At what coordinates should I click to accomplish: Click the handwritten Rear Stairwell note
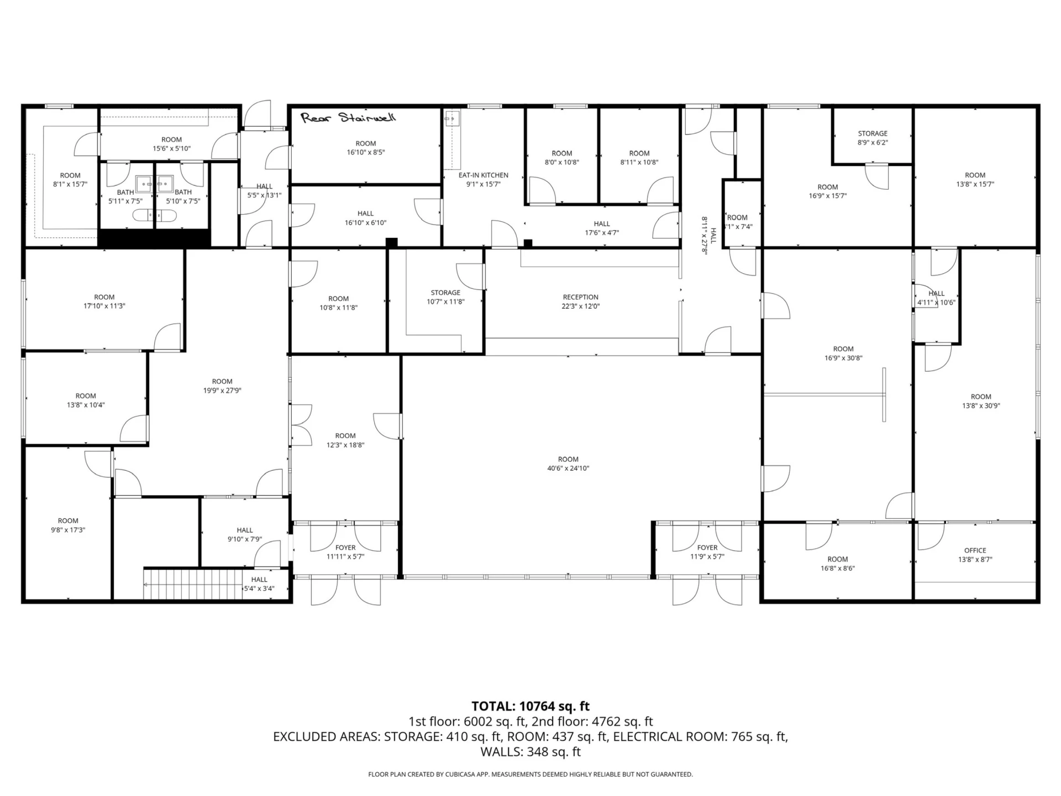348,117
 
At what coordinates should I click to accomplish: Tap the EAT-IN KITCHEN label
484,175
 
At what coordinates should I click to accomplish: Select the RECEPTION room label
581,297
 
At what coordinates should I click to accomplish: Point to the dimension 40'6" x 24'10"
568,469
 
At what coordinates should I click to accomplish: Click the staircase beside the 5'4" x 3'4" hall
193,584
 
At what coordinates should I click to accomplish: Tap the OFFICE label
975,550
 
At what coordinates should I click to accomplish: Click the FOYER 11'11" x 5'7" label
345,552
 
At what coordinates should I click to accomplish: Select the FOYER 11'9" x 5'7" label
707,552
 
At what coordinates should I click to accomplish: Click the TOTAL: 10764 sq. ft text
530,706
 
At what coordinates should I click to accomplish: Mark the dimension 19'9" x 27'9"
222,391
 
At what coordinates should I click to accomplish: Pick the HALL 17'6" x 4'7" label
602,228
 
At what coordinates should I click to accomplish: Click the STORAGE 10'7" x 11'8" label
445,297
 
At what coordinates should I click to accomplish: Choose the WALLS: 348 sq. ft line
530,752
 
